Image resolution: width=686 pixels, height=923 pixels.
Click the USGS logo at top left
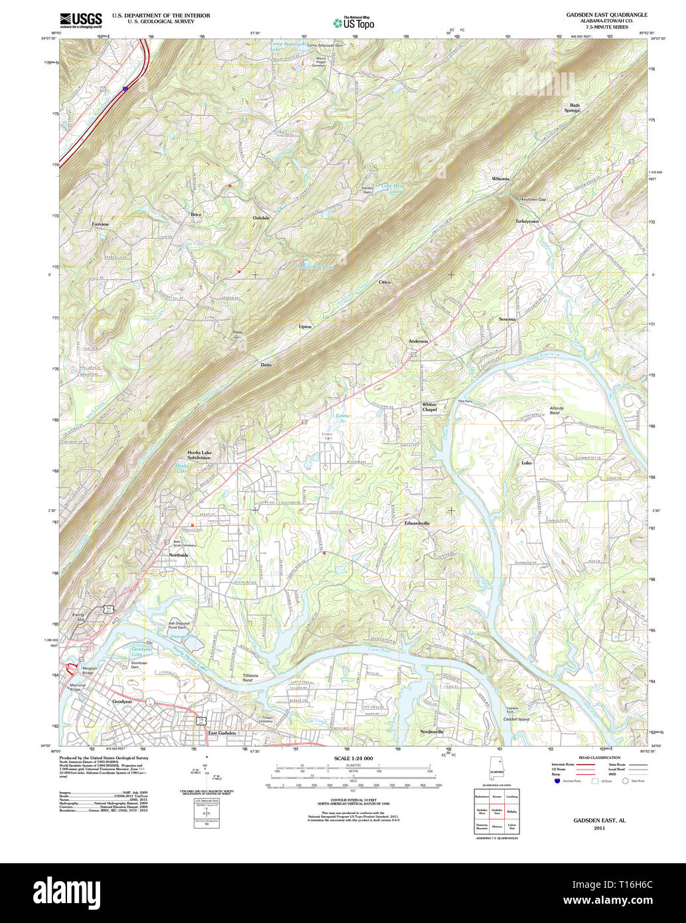click(x=80, y=19)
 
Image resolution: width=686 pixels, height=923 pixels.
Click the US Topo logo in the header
click(x=354, y=23)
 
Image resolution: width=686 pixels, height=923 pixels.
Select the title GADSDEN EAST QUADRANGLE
click(x=606, y=15)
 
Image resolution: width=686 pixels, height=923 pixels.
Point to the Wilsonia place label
click(x=500, y=179)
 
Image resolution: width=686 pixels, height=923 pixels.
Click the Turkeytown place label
click(x=527, y=221)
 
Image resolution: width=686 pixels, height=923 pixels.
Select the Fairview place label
click(x=100, y=224)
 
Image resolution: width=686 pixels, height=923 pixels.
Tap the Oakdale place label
click(x=261, y=218)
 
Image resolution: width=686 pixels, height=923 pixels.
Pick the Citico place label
click(x=385, y=282)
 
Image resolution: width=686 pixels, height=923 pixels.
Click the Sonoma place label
click(x=507, y=319)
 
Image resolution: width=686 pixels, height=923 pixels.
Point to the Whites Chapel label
click(x=429, y=407)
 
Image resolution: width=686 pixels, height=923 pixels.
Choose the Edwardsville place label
click(x=417, y=523)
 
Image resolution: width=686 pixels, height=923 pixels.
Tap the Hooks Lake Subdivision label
click(x=199, y=455)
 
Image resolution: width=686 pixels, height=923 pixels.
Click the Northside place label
click(x=178, y=555)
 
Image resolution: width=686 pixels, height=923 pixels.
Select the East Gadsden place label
click(x=222, y=733)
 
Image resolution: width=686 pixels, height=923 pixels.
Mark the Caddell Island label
click(x=515, y=719)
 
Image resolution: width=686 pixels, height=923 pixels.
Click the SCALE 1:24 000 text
click(x=354, y=758)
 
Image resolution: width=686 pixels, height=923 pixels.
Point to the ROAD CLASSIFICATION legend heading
click(x=599, y=758)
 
